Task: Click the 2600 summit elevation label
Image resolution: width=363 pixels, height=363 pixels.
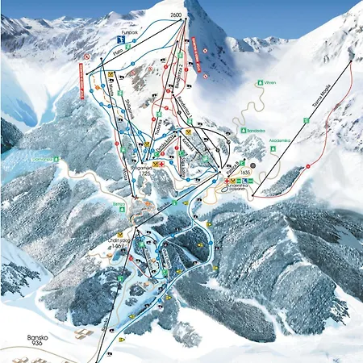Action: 177,15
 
